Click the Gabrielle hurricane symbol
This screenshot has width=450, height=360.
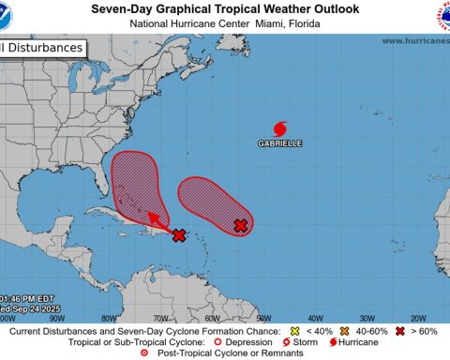tap(279, 128)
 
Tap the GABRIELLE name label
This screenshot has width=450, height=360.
tap(280, 144)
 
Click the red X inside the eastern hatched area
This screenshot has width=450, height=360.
tap(240, 225)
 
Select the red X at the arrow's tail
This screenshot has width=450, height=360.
tap(179, 235)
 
